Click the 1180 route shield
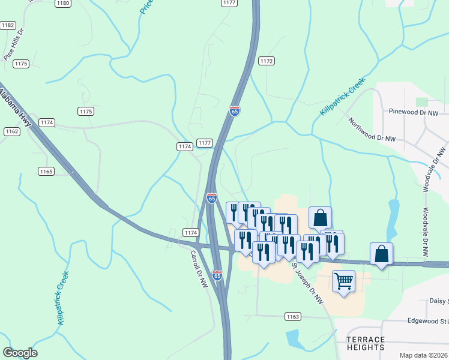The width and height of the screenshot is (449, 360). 62,3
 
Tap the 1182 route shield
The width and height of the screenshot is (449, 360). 8,25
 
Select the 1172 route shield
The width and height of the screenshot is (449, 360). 267,61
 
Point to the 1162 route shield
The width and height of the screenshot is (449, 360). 11,131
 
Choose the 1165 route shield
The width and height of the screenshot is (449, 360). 46,172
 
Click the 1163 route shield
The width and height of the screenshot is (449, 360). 292,316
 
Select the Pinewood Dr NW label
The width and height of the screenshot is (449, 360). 414,112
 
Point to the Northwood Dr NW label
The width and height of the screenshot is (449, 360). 372,129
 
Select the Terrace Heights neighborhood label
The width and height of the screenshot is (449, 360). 366,343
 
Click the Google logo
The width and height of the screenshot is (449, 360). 20,353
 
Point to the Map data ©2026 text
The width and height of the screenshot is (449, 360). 423,355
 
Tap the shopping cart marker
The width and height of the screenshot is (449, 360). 343,281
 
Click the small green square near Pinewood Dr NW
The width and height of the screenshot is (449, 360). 423,102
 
